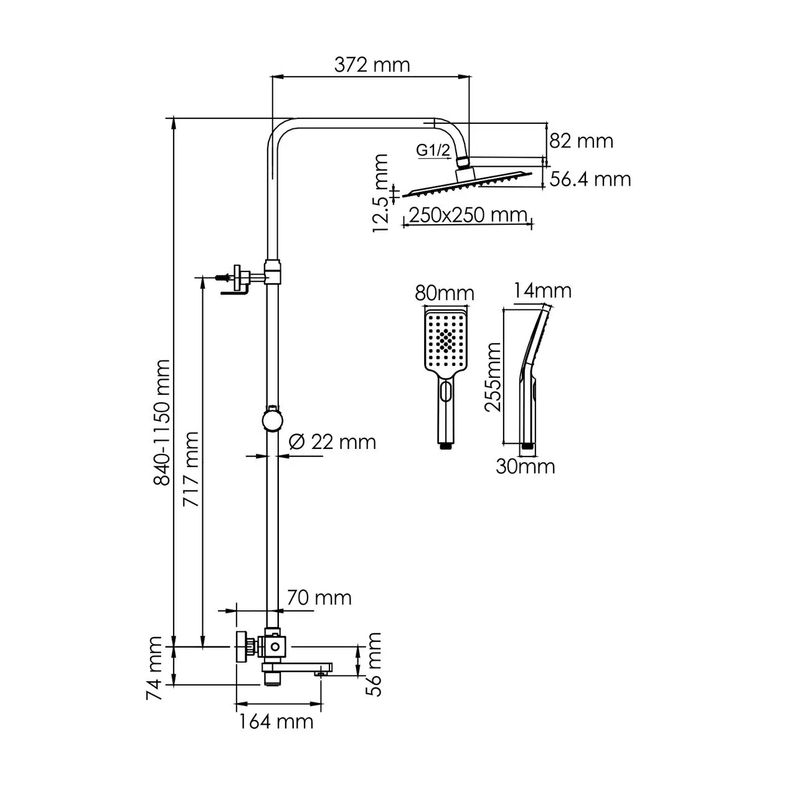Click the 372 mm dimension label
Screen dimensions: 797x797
[x=372, y=64]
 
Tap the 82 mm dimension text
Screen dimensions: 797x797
[x=581, y=141]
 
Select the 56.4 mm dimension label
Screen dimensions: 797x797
[x=590, y=179]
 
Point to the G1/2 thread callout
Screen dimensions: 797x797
[x=433, y=150]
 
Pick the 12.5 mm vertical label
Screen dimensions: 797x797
[x=381, y=194]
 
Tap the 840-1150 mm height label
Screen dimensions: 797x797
[x=161, y=422]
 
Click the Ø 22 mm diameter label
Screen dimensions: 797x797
[x=333, y=442]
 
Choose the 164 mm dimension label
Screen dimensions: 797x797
[x=276, y=722]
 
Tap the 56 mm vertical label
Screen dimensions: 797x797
[x=374, y=664]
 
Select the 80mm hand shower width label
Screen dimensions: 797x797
[x=445, y=293]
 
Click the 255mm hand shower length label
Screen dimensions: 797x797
[x=494, y=377]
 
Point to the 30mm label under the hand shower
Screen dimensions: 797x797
[x=525, y=466]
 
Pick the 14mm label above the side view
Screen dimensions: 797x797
[x=542, y=290]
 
